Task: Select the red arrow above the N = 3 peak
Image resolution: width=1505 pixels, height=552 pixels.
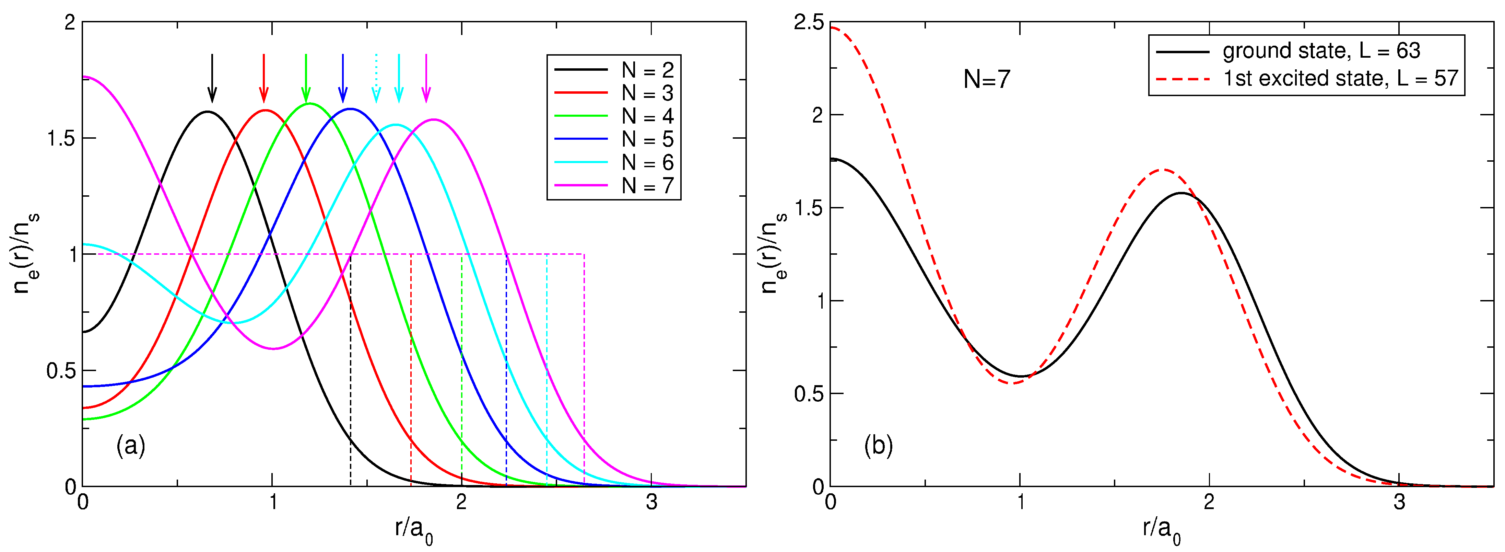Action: (264, 78)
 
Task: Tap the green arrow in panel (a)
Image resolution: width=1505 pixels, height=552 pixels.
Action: (306, 78)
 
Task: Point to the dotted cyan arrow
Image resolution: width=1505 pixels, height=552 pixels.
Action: (376, 78)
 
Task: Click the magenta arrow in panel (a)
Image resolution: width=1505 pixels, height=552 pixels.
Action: (426, 78)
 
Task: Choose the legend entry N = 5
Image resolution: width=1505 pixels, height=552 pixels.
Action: (613, 139)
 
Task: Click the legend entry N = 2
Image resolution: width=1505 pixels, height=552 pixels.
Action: (613, 70)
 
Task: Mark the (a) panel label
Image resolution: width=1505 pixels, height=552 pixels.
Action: (130, 446)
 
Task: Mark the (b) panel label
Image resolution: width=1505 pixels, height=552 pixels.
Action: (878, 446)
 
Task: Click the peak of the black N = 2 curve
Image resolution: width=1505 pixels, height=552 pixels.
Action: (208, 112)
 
